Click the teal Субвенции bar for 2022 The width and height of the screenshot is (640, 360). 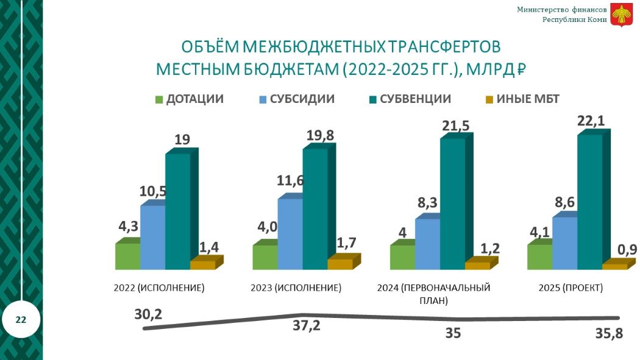(177, 211)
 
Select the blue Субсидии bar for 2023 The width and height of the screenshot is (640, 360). (290, 233)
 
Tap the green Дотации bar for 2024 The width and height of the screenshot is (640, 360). (402, 256)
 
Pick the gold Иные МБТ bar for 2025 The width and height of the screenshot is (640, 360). (614, 266)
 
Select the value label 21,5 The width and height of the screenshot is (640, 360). (454, 126)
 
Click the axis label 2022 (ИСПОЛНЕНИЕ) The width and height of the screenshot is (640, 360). (159, 288)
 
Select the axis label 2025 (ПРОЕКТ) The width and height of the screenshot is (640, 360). (571, 288)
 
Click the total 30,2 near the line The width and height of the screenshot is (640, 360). (149, 314)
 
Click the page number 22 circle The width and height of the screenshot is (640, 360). (21, 319)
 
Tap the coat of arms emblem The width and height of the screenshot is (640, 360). (622, 15)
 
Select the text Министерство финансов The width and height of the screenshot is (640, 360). (561, 9)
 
